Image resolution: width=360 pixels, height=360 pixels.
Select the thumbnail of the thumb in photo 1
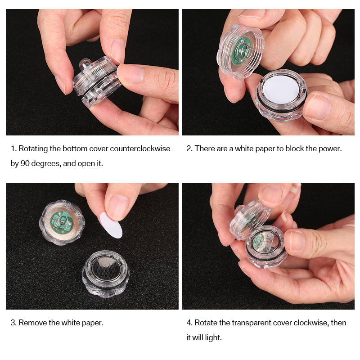[x=117, y=51]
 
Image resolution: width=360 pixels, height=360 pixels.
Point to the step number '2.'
[x=189, y=148]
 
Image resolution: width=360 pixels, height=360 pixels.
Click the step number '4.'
[x=189, y=323]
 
